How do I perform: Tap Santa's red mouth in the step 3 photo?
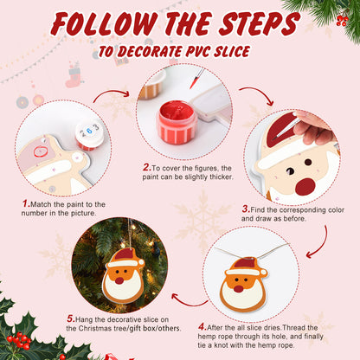click(305, 186)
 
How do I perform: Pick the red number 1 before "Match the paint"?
click(26, 205)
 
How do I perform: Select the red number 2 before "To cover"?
click(145, 168)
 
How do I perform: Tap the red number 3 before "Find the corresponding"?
click(246, 208)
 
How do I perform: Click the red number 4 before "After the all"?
click(202, 326)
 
